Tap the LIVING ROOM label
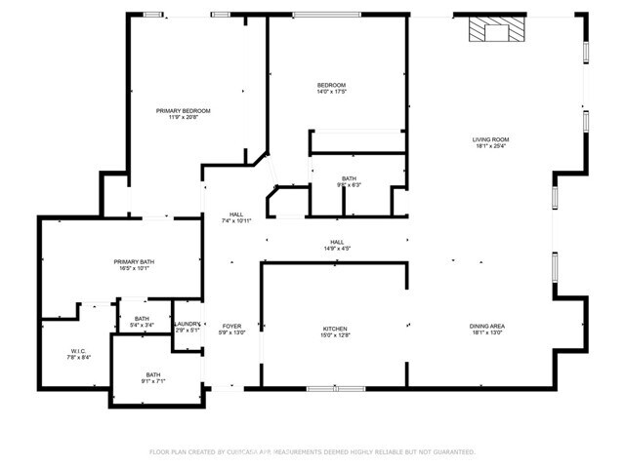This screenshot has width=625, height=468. coord(491,139)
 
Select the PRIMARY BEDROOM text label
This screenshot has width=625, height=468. coord(184,111)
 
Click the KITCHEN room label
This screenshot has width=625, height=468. coord(335,329)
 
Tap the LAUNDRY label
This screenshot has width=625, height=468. coord(187,323)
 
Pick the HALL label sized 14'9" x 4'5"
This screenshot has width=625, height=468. coord(336,249)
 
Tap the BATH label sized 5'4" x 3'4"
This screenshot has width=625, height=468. coord(142,326)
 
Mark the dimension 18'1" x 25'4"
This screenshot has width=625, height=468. coord(491,146)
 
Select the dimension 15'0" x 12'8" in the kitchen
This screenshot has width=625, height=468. coord(335,335)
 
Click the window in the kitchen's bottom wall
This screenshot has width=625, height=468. coord(334,389)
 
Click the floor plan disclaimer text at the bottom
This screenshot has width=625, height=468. coord(312,451)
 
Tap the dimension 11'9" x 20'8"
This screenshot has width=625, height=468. coord(184,118)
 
